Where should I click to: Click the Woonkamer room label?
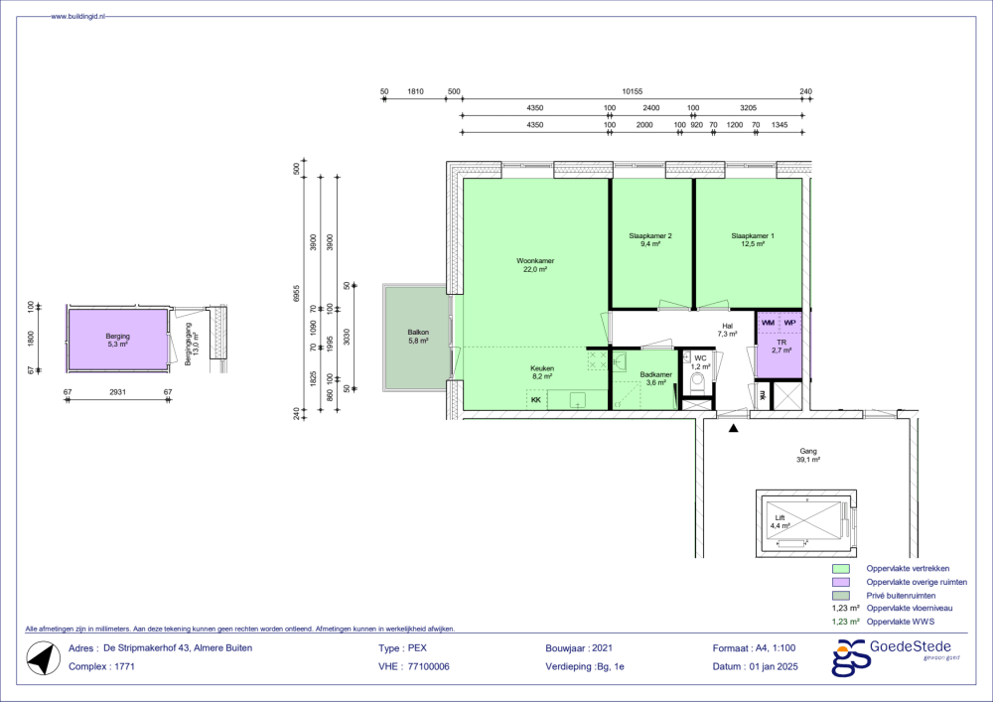click(535, 261)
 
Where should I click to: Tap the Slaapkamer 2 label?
click(650, 235)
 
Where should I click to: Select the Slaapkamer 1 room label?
click(753, 235)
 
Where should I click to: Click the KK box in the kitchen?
click(536, 400)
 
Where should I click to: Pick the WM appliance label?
click(769, 323)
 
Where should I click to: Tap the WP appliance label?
click(789, 323)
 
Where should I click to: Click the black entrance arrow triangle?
click(734, 428)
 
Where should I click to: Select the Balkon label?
click(418, 333)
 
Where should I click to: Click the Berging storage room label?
click(118, 337)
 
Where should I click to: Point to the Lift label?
click(780, 517)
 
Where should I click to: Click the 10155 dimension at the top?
click(632, 91)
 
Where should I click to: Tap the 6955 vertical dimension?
click(296, 293)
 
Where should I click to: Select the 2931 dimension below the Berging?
click(118, 392)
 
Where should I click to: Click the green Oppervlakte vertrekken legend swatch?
click(840, 568)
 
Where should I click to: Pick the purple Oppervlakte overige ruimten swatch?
click(840, 582)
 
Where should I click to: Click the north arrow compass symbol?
click(44, 657)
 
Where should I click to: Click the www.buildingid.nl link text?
click(77, 16)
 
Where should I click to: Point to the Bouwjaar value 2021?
click(603, 648)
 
